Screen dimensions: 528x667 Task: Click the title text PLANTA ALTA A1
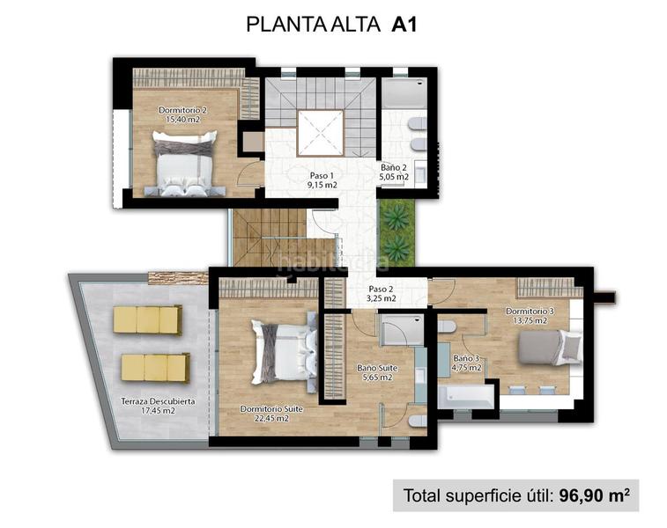331,24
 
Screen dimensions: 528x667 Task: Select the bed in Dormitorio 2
184,162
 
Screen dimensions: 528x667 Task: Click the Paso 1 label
323,180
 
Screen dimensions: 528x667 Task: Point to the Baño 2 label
395,172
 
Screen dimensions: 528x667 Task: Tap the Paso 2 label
382,293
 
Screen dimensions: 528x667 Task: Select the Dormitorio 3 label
530,315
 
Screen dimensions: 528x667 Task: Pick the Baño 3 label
466,363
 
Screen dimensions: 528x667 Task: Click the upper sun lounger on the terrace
147,319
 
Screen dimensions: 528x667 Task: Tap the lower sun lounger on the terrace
154,366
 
